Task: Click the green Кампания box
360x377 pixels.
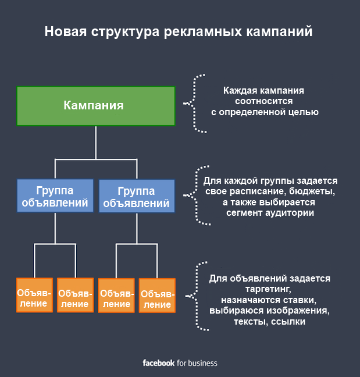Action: [x=95, y=106]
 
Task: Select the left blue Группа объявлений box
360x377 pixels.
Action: [x=55, y=196]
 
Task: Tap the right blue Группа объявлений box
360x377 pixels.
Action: [x=137, y=197]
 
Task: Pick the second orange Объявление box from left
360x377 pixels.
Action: [x=75, y=296]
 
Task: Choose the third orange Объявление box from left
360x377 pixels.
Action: [x=116, y=296]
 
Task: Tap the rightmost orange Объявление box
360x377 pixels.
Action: [x=157, y=296]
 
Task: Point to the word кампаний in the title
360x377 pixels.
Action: [x=280, y=31]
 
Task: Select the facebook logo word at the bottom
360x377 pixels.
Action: [x=159, y=363]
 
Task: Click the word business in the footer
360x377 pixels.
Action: [x=202, y=363]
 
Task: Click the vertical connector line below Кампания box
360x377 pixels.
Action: [x=95, y=143]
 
